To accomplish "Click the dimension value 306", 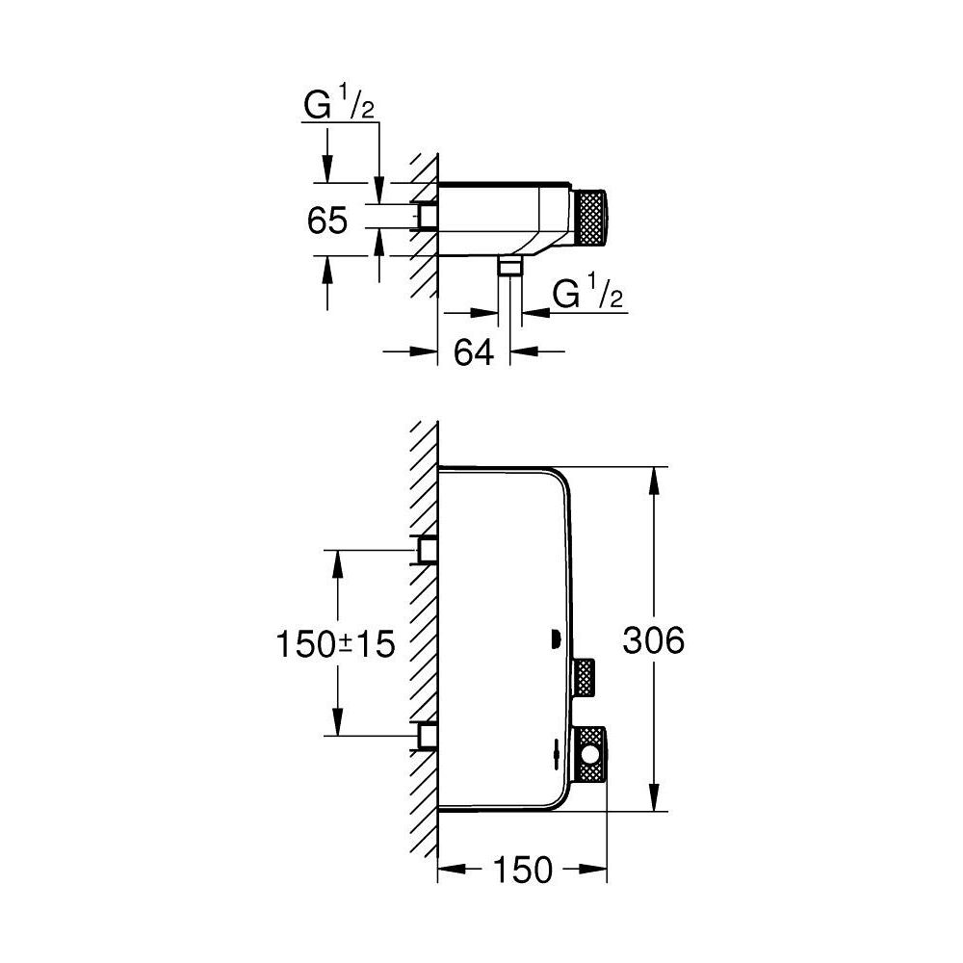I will tap(653, 640).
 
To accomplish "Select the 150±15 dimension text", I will tap(335, 642).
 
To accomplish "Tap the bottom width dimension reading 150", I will tap(526, 870).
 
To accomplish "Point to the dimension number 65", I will tap(327, 221).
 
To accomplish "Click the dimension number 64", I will tap(474, 352).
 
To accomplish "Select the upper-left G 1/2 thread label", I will tap(338, 105).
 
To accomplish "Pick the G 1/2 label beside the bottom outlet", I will tap(588, 295).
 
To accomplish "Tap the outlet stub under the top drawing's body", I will tap(510, 267).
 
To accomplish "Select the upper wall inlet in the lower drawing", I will tap(426, 549).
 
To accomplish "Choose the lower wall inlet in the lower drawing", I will tap(426, 736).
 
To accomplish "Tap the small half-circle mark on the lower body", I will tap(555, 638).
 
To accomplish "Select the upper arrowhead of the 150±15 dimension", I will tap(337, 562).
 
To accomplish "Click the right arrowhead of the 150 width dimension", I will tap(596, 870).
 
